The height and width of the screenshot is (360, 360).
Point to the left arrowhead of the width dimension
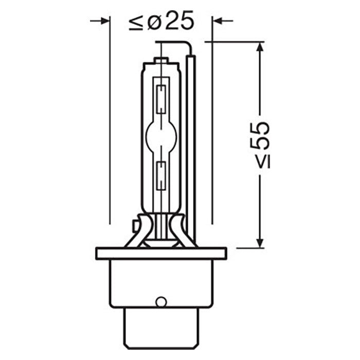[105, 21]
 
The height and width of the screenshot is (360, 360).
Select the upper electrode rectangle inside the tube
[161, 95]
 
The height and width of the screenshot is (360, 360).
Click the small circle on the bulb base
[161, 302]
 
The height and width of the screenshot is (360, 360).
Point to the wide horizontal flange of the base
[161, 253]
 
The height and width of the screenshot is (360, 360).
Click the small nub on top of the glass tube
[161, 61]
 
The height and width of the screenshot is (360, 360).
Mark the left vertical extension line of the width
[110, 129]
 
